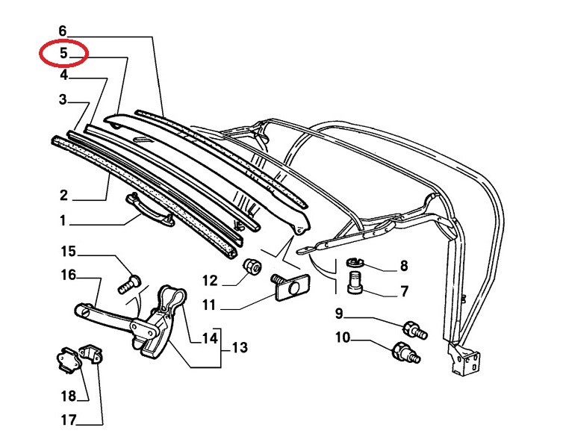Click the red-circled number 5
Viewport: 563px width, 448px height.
click(63, 54)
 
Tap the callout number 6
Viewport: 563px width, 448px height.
click(63, 31)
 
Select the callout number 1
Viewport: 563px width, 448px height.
click(63, 220)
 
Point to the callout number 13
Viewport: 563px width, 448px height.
click(240, 347)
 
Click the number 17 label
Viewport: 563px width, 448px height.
click(69, 420)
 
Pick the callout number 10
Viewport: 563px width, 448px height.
click(343, 337)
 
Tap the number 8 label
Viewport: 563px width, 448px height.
click(404, 266)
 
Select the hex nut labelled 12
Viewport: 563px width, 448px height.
click(252, 267)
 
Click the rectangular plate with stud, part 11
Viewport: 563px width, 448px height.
click(290, 287)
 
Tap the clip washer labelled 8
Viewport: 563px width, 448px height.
click(355, 263)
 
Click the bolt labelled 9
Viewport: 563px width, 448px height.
click(415, 329)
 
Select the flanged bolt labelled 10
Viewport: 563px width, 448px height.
click(406, 352)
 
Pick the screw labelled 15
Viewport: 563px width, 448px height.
click(129, 284)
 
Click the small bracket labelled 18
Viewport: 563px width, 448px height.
click(69, 360)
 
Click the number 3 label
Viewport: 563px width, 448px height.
click(63, 99)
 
